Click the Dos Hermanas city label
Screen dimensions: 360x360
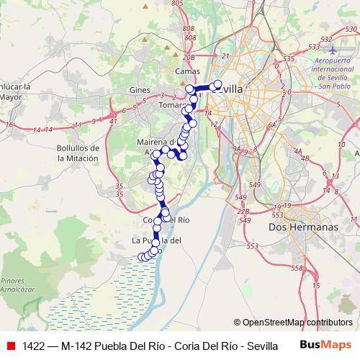point(302,226)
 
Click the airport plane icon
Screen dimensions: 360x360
point(332,51)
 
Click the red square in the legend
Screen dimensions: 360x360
point(11,345)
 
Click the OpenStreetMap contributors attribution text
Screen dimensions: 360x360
point(293,323)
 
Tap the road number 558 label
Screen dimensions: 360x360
point(297,268)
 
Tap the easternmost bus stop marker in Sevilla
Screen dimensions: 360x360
point(219,84)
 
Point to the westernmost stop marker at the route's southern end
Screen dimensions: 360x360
point(142,256)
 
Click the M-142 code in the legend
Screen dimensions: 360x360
point(80,345)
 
